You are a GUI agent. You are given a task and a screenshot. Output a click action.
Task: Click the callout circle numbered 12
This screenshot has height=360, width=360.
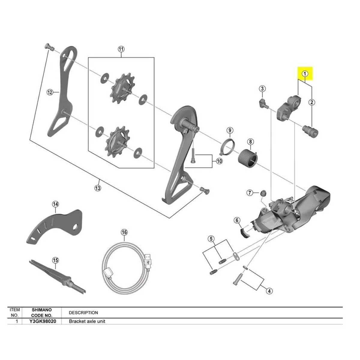[x=50, y=92]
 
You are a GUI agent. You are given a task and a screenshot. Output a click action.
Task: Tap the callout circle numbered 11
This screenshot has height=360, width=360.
[x=121, y=49]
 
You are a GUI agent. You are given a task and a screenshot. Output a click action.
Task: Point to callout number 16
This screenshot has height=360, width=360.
[x=124, y=232]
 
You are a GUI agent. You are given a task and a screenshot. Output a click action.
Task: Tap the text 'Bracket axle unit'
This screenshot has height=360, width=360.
[x=87, y=321]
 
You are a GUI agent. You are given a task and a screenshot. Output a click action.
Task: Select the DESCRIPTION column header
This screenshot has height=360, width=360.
[x=83, y=313]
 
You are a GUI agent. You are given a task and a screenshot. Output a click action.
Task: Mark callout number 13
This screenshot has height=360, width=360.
[x=98, y=188]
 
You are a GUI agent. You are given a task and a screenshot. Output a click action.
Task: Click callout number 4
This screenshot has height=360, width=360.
[x=269, y=291]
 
